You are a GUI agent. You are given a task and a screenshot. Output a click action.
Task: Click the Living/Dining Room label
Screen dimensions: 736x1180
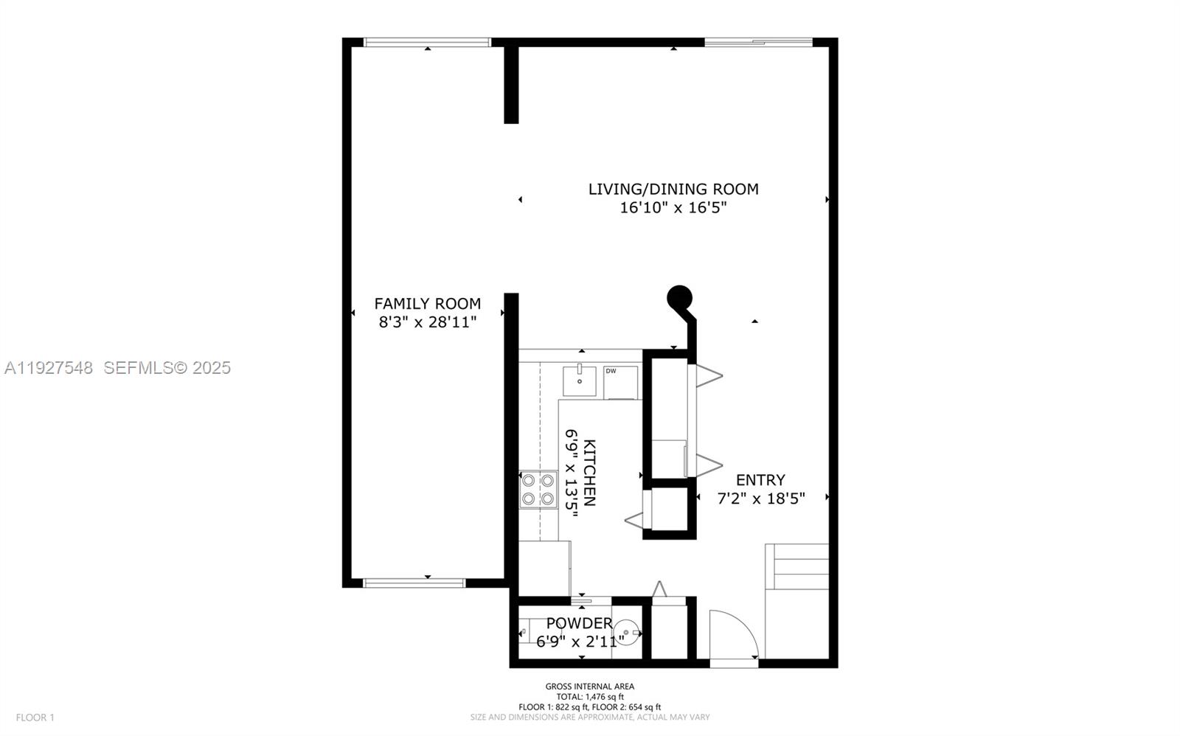[x=673, y=189]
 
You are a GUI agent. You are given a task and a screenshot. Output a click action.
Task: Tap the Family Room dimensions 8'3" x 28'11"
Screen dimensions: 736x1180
[x=427, y=322]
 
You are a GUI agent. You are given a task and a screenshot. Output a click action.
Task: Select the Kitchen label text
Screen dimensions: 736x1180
[x=589, y=473]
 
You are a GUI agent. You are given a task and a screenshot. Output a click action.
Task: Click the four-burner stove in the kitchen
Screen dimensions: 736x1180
[x=538, y=490]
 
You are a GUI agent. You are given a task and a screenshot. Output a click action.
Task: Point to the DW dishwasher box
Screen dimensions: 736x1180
[x=620, y=382]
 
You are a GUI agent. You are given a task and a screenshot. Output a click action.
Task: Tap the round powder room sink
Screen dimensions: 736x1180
[x=626, y=632]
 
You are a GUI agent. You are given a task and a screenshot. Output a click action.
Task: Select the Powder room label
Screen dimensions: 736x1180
[x=579, y=623]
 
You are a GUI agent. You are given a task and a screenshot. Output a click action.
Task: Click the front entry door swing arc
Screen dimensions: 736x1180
[x=735, y=634]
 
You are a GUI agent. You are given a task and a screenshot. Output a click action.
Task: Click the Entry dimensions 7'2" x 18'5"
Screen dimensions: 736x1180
[x=760, y=499]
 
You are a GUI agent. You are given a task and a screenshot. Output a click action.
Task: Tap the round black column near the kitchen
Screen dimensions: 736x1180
[x=679, y=297]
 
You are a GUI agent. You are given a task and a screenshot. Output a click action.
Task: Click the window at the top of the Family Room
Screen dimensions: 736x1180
[x=428, y=42]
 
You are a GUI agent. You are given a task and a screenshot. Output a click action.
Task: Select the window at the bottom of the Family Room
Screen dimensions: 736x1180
[x=414, y=583]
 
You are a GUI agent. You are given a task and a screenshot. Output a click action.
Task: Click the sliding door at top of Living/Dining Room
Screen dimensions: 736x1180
[x=758, y=42]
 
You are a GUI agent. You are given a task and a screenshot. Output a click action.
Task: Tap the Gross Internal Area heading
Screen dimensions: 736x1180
[x=589, y=687]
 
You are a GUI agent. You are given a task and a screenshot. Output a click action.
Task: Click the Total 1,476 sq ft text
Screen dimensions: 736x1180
[x=589, y=697]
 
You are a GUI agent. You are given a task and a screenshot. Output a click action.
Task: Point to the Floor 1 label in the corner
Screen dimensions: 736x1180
[x=35, y=717]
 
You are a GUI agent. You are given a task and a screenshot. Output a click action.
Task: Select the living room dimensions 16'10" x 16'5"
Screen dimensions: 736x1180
[x=673, y=208]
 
